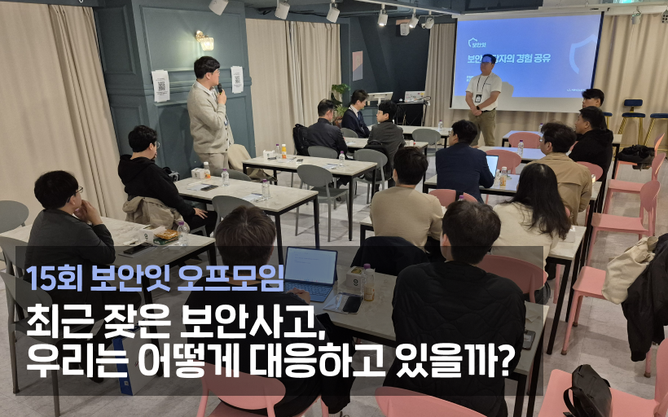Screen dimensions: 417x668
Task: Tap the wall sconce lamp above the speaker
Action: pyautogui.click(x=203, y=40)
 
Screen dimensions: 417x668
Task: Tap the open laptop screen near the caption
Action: pyautogui.click(x=310, y=266)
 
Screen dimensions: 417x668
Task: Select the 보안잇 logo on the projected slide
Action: pyautogui.click(x=476, y=44)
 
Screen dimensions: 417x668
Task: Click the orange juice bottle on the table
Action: pyautogui.click(x=283, y=151)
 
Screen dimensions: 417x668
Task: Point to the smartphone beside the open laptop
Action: pyautogui.click(x=352, y=304)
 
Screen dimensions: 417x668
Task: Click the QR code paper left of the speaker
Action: pyautogui.click(x=160, y=86)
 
